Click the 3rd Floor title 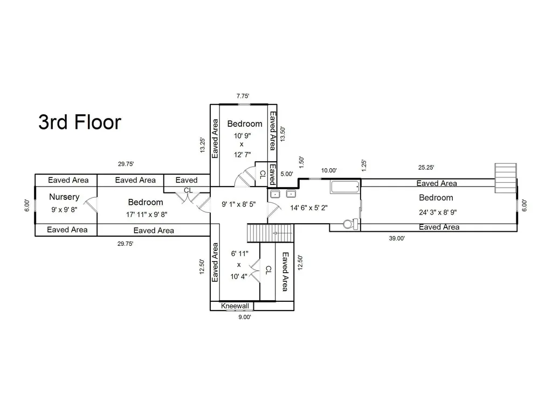point(80,122)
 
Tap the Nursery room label point(64,197)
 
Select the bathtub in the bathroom point(346,187)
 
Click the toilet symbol point(350,224)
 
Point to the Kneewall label point(235,306)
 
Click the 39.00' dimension point(397,238)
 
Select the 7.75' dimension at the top point(243,96)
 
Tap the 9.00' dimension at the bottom point(245,317)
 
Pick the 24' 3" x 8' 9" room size point(438,212)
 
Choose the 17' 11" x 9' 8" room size point(147,215)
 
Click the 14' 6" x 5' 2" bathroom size point(309,208)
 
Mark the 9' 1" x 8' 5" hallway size point(238,204)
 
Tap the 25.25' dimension point(426,168)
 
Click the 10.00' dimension point(329,170)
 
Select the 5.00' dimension point(287,174)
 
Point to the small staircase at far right point(506,178)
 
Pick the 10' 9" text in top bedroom point(242,135)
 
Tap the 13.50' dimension point(282,134)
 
